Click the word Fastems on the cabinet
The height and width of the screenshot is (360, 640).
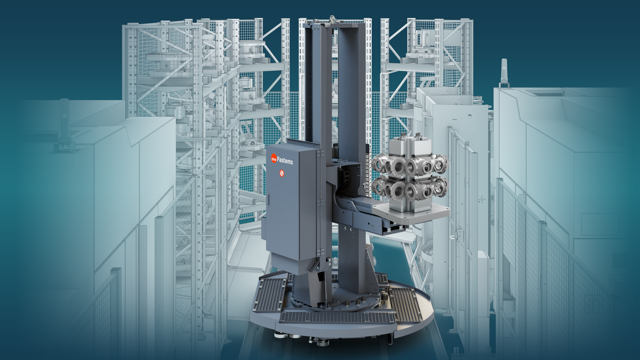point(285,160)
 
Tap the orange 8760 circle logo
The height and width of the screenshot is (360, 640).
point(274,158)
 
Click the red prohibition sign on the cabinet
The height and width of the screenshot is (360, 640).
point(282,173)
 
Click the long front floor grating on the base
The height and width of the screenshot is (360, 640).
point(338,317)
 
